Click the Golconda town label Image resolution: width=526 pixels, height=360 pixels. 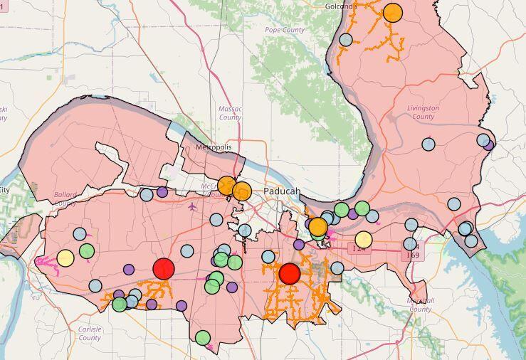click(x=339, y=6)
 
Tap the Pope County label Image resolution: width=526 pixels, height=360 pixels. click(x=284, y=30)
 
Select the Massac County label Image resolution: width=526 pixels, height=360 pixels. click(x=230, y=113)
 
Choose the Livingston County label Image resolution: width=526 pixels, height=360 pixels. click(x=423, y=112)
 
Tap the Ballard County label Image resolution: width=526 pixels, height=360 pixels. click(x=65, y=198)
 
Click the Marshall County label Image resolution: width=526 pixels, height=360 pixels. click(x=421, y=305)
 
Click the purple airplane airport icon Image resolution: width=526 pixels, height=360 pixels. click(x=192, y=206)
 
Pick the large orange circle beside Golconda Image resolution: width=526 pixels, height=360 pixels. click(x=392, y=13)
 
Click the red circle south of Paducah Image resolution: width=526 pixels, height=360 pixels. click(x=290, y=273)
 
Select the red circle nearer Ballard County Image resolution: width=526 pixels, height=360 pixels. click(x=164, y=268)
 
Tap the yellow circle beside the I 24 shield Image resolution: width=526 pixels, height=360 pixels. click(x=363, y=240)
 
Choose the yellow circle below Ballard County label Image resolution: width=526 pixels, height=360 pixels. click(x=65, y=258)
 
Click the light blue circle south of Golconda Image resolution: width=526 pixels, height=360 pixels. click(x=346, y=40)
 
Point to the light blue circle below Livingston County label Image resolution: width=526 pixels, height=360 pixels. click(x=428, y=144)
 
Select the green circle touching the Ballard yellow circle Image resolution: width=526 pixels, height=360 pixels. click(x=87, y=250)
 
